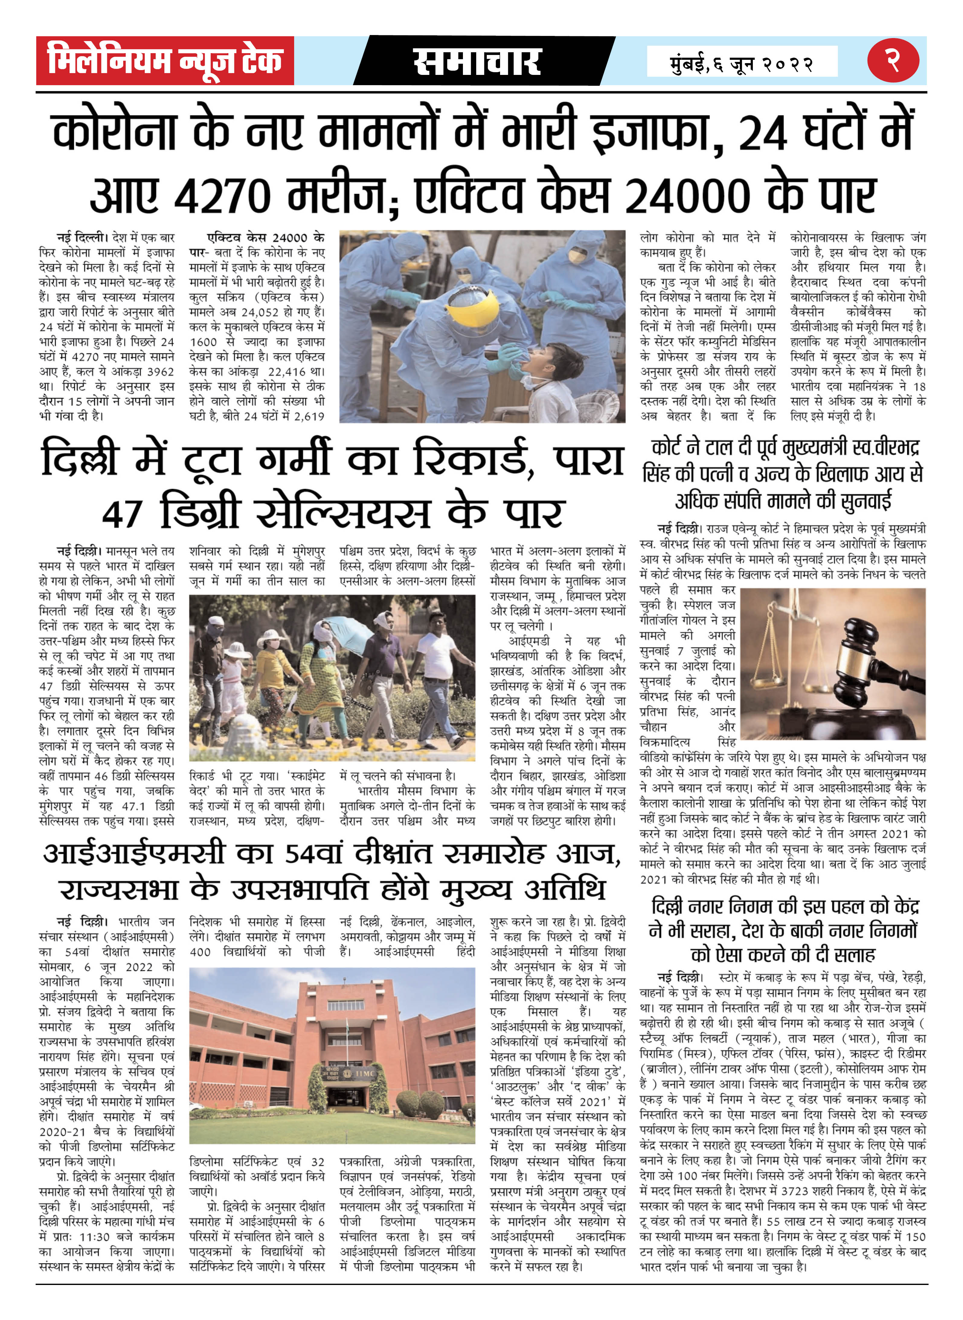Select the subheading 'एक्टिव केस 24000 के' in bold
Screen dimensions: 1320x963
[x=265, y=238]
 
